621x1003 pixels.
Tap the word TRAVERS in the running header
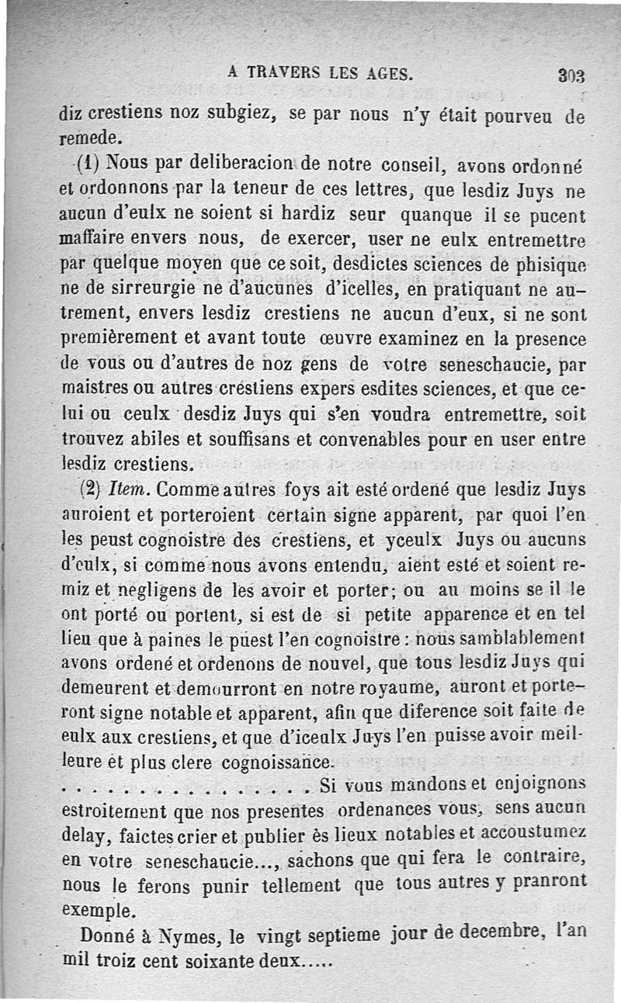click(x=283, y=74)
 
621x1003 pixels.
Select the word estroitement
click(x=113, y=811)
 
